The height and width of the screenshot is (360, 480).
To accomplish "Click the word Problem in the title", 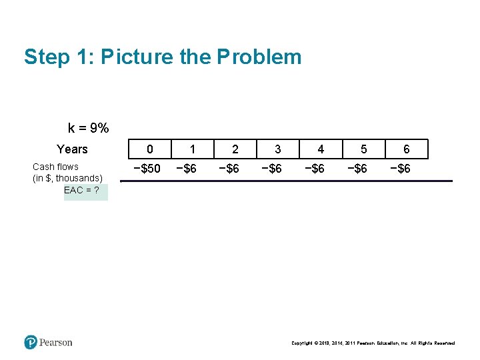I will [259, 57].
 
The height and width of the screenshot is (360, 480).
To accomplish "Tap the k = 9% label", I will [89, 128].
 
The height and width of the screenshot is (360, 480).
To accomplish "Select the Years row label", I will [72, 149].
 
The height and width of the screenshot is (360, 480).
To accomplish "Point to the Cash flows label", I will [55, 167].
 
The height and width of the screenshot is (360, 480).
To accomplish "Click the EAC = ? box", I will [85, 191].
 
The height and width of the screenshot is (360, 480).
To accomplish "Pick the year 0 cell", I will [149, 149].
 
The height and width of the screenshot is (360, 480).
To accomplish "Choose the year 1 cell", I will [192, 149].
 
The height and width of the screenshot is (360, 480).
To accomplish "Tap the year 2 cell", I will [235, 149].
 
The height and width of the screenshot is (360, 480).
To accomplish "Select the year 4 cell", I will [321, 149].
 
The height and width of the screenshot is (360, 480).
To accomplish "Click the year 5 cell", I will [363, 149].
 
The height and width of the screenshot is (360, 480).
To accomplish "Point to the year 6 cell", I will [407, 149].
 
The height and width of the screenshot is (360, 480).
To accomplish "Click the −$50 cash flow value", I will [147, 169].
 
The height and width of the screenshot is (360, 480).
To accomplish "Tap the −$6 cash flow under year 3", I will [271, 169].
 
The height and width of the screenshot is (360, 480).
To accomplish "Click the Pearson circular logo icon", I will [31, 342].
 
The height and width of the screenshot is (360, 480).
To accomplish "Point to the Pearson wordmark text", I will [55, 343].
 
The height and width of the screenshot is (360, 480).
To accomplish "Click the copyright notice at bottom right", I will [373, 343].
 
